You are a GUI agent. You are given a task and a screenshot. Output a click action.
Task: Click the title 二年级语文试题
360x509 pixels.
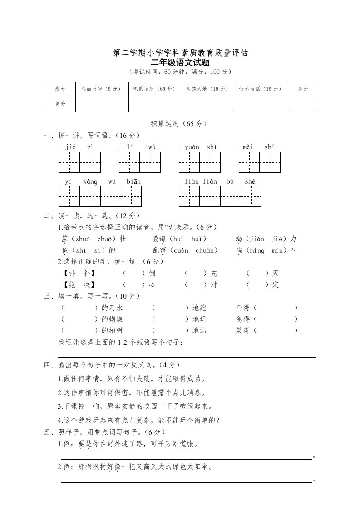click(x=180, y=63)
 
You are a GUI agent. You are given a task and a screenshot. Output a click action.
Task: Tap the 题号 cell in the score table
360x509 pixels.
click(x=60, y=89)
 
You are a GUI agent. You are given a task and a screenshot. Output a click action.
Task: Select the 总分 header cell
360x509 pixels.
click(x=303, y=89)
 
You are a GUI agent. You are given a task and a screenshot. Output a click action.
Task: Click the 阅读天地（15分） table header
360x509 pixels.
click(x=208, y=89)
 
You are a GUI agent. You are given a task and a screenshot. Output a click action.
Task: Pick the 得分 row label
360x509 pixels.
click(x=60, y=104)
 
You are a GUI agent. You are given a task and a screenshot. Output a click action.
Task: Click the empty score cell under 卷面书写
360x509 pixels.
click(x=102, y=104)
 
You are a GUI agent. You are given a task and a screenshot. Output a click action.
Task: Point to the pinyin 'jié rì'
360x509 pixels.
click(x=79, y=147)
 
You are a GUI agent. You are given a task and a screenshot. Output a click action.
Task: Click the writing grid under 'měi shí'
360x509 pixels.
click(x=260, y=162)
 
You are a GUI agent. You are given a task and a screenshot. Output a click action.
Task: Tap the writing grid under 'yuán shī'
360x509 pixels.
click(x=200, y=162)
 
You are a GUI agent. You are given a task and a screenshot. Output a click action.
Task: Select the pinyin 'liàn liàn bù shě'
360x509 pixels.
click(x=220, y=181)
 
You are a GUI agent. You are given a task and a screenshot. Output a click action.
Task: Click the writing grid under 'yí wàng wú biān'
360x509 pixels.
click(x=100, y=196)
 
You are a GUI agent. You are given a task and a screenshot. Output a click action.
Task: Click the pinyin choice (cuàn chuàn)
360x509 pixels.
click(x=195, y=250)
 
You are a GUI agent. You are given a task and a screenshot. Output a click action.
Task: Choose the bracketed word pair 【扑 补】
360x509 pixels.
click(x=79, y=273)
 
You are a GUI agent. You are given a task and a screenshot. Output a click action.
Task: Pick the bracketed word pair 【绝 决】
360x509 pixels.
click(x=79, y=285)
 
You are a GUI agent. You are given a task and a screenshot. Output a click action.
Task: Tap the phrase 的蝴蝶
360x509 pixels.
click(x=112, y=319)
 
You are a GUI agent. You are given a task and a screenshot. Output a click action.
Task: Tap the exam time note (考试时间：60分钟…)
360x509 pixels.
click(x=180, y=72)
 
